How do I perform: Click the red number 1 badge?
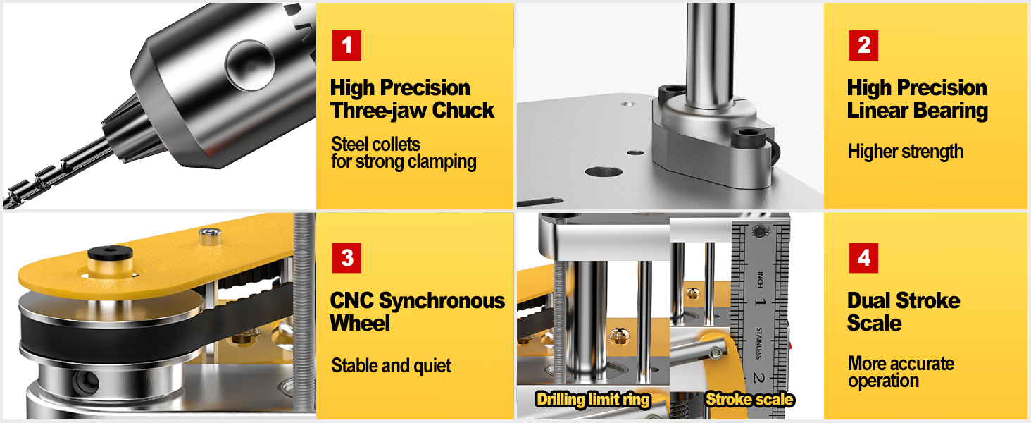pyautogui.click(x=346, y=46)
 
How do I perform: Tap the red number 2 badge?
pyautogui.click(x=863, y=46)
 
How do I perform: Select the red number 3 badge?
pyautogui.click(x=346, y=258)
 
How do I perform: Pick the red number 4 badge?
pyautogui.click(x=863, y=258)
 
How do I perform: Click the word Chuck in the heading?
pyautogui.click(x=463, y=111)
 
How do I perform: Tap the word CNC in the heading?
pyautogui.click(x=352, y=301)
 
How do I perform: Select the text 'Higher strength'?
pyautogui.click(x=906, y=152)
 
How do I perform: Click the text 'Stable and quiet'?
pyautogui.click(x=391, y=366)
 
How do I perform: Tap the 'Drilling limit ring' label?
pyautogui.click(x=592, y=400)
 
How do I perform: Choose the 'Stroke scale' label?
pyautogui.click(x=749, y=400)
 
